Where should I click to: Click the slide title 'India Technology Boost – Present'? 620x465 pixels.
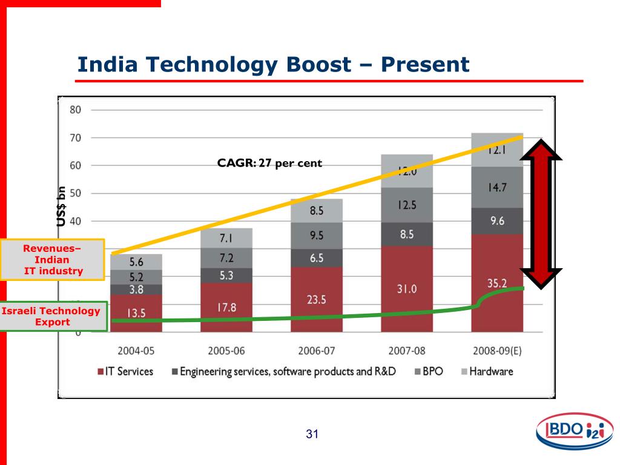coord(274,64)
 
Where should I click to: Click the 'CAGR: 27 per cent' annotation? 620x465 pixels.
coord(269,163)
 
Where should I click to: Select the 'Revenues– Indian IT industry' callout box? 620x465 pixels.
coord(53,259)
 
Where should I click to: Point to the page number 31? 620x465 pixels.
coord(312,434)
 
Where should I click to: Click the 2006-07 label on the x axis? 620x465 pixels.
coord(316,351)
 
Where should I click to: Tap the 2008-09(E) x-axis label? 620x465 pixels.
coord(497,351)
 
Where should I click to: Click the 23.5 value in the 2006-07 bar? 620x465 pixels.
coord(316,300)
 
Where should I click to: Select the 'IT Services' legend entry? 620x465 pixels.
coord(125,371)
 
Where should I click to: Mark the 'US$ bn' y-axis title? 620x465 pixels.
coord(61,206)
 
